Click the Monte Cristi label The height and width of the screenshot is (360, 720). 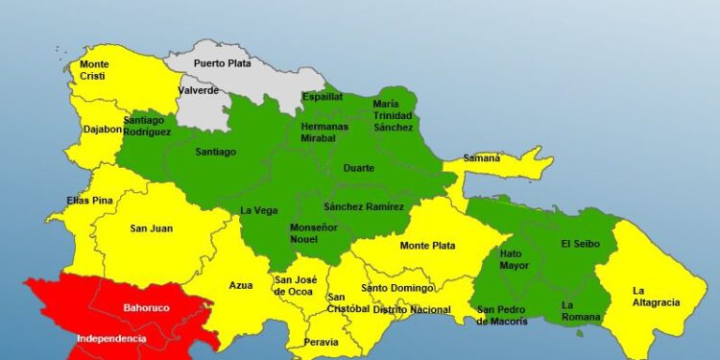(94, 70)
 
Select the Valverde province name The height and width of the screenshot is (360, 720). (200, 90)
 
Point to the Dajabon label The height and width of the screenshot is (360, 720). (99, 128)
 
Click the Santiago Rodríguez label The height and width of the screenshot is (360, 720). (147, 126)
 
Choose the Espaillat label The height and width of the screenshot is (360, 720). (322, 97)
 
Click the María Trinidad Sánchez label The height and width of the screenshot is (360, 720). (393, 115)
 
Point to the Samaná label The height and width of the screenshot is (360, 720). (481, 157)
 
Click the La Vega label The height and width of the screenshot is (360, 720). (257, 210)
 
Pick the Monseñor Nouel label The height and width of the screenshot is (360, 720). (314, 232)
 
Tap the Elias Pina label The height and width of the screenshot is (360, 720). (64, 201)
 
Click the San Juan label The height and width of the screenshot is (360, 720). (151, 228)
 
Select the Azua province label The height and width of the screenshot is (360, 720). (241, 285)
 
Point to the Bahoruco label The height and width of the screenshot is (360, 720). (146, 308)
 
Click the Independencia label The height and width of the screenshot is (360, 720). (111, 339)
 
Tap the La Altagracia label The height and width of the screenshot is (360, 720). (656, 297)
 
